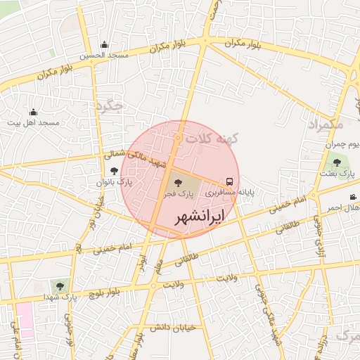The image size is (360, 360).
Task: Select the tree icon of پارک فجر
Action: click(x=176, y=182)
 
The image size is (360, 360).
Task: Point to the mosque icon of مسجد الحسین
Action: click(x=105, y=45)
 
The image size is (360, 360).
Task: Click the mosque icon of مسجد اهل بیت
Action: click(x=33, y=112)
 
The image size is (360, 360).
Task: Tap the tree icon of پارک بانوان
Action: click(x=115, y=171)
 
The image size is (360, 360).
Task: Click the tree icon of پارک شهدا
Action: click(x=59, y=285)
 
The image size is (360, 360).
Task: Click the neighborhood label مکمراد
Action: click(x=326, y=124)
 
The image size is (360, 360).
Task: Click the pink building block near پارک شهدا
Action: click(x=25, y=320)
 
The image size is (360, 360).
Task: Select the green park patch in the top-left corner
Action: click(x=51, y=52)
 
